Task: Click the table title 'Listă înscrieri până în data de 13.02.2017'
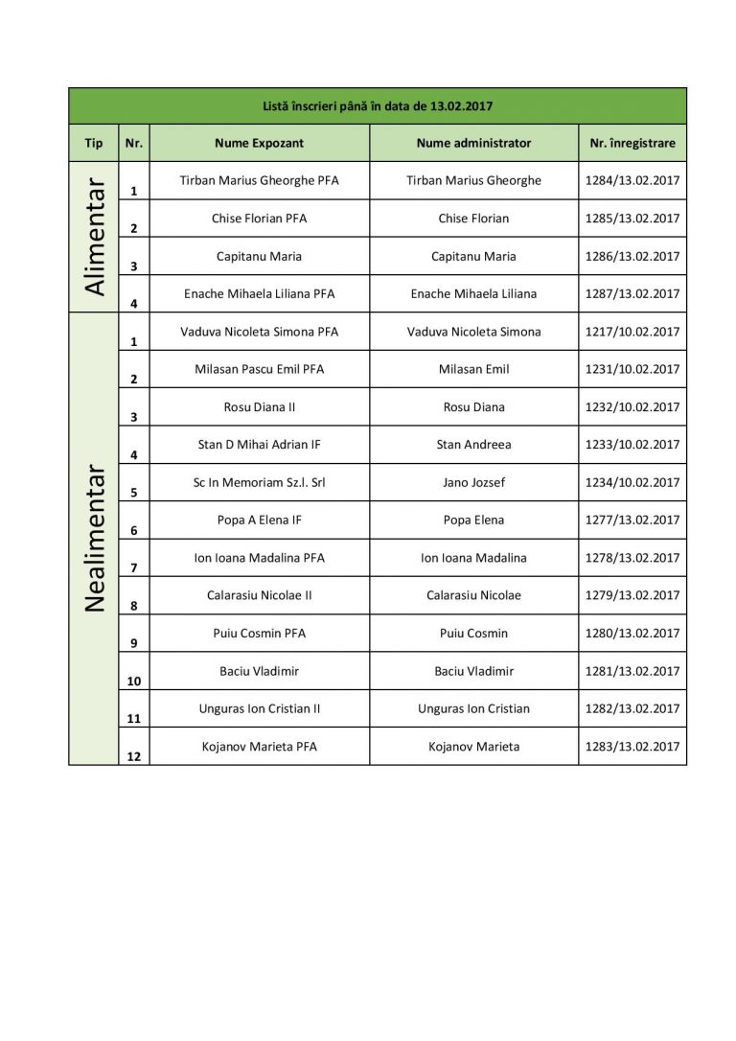click(378, 106)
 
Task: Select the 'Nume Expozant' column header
click(259, 143)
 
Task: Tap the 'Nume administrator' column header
click(473, 143)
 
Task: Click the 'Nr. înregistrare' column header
click(632, 143)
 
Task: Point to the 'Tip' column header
click(94, 143)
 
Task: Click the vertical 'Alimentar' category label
click(94, 237)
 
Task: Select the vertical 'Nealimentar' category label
click(94, 539)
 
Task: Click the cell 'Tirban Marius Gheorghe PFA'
click(259, 180)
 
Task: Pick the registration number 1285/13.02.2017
click(632, 219)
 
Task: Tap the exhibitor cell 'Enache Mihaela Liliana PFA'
click(259, 293)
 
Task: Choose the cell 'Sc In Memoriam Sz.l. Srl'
click(259, 482)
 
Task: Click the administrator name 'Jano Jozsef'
click(473, 482)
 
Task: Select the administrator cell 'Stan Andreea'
click(473, 445)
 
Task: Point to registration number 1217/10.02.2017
click(632, 332)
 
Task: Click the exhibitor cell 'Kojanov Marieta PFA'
click(259, 747)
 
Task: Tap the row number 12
click(133, 756)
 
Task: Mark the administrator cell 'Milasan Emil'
click(473, 369)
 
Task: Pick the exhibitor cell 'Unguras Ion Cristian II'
click(259, 708)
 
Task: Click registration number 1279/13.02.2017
click(632, 595)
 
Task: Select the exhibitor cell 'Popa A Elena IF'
click(259, 520)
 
